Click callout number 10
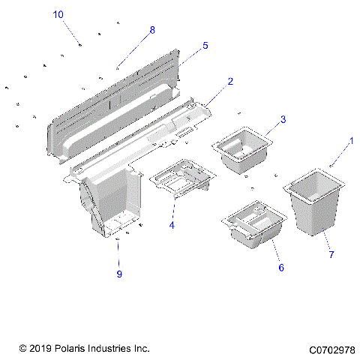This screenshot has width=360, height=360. click(x=58, y=14)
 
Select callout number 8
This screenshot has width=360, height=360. click(x=152, y=30)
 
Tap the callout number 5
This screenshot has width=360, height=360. click(x=205, y=46)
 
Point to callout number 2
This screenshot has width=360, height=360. click(x=230, y=81)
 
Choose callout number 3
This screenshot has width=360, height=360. click(x=283, y=119)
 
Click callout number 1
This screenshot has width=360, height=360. click(x=350, y=140)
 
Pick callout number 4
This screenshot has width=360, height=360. click(x=171, y=224)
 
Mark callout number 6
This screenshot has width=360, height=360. click(x=281, y=267)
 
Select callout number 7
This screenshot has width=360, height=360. click(x=331, y=255)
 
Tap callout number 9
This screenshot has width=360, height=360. click(x=118, y=273)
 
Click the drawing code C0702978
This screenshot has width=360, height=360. click(x=331, y=349)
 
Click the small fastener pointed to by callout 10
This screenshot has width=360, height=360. click(x=80, y=46)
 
